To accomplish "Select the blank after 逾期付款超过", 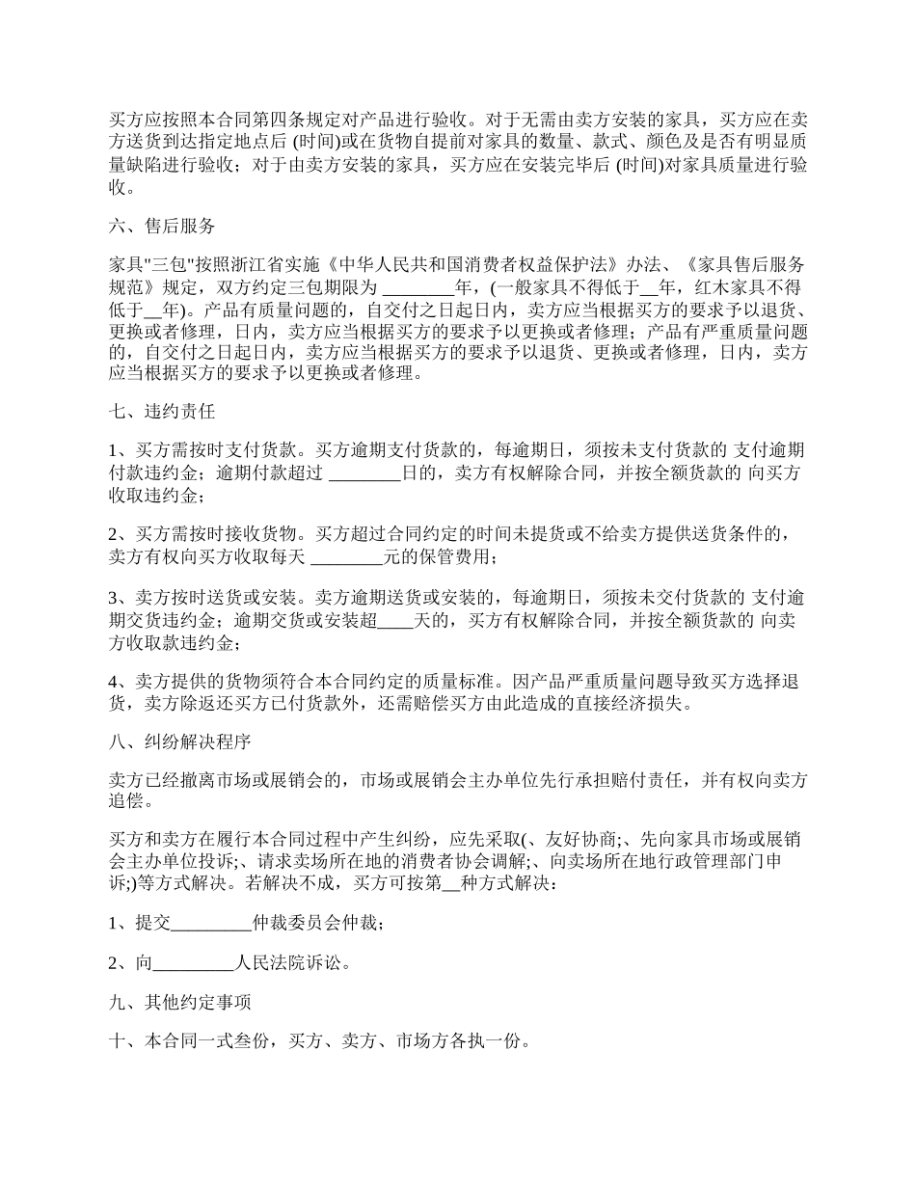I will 364,472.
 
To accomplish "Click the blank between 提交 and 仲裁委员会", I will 211,924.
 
